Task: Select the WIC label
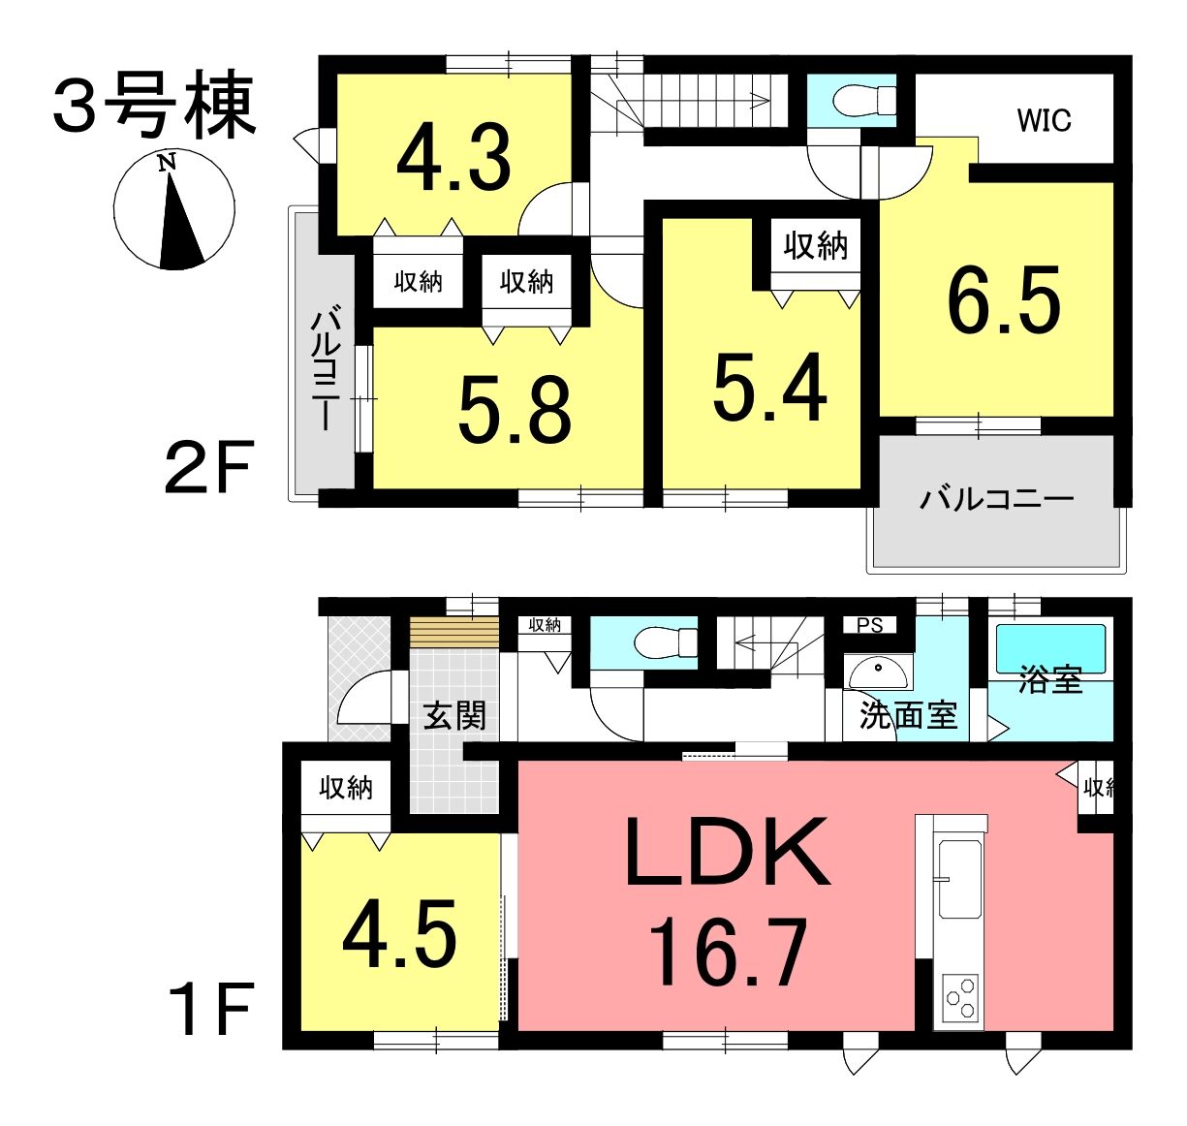coord(1044,120)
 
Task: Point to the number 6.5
coord(1004,299)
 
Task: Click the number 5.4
coord(769,387)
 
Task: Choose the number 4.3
coord(454,158)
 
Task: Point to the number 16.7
coord(727,951)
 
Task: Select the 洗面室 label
coord(908,716)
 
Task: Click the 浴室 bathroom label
coord(1050,680)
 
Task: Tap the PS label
coord(870,625)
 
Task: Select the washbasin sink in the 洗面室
coord(877,672)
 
